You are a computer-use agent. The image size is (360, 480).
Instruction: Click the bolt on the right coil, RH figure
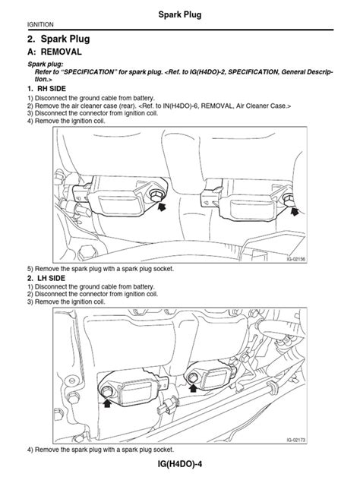pos(289,199)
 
